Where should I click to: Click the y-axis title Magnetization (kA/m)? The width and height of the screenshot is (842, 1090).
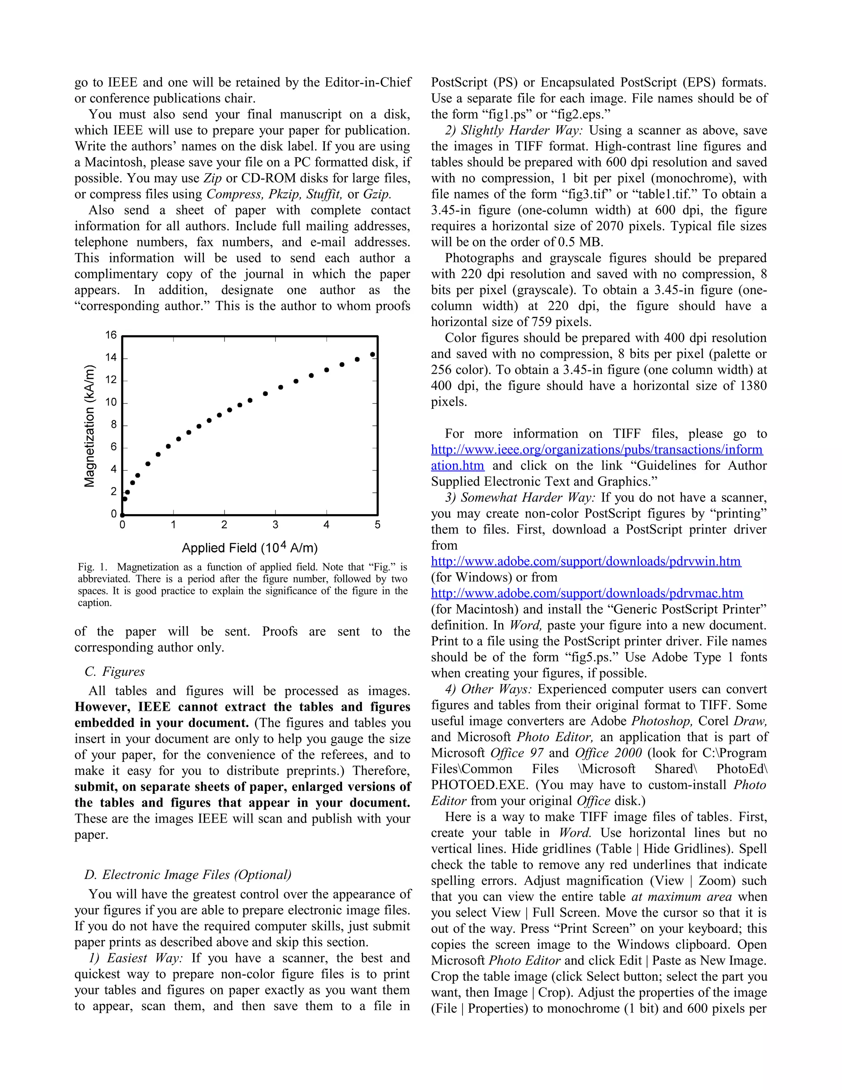89,426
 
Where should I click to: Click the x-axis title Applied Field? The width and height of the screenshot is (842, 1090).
250,548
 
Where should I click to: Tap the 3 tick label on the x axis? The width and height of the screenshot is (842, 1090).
275,524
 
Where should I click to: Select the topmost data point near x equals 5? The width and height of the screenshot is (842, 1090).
372,354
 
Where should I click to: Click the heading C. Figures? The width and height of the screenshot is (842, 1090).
115,671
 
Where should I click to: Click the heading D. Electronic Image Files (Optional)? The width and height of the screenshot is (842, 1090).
188,874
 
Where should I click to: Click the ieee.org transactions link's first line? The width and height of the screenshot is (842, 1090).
597,449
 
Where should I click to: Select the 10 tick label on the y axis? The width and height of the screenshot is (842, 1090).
111,402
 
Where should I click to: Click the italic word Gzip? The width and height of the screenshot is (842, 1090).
377,194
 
